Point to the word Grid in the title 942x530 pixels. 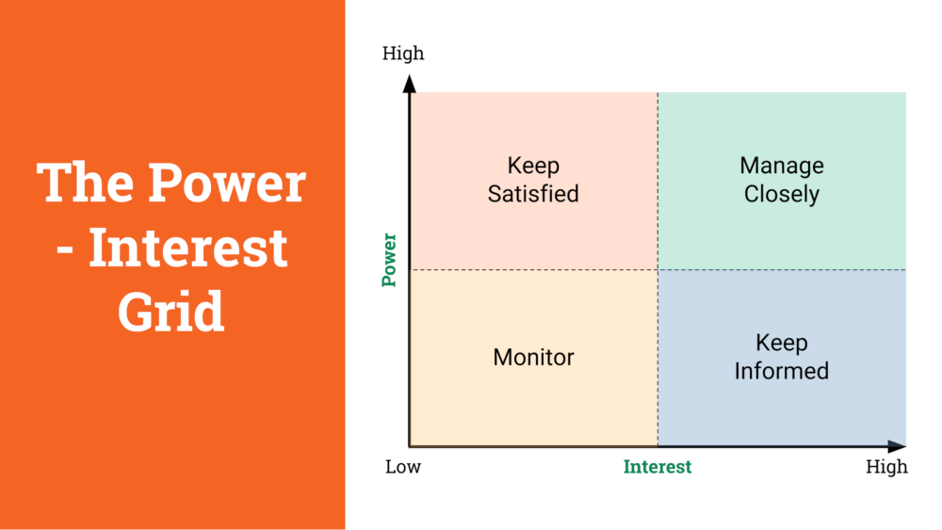click(x=171, y=311)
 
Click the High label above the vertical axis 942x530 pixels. click(x=403, y=54)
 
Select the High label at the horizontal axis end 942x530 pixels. click(x=886, y=466)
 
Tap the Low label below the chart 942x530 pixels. click(x=403, y=466)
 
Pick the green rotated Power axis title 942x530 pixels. click(x=389, y=260)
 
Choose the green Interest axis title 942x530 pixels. click(x=658, y=466)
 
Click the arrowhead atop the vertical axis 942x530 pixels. click(x=410, y=84)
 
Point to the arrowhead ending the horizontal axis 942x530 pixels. click(x=897, y=446)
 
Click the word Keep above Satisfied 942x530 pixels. click(x=533, y=166)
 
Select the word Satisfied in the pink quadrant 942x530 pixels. click(x=533, y=194)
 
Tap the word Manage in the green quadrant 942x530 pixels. click(x=782, y=166)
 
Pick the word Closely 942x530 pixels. click(x=782, y=195)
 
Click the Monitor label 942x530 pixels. click(x=533, y=357)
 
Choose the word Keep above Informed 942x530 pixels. click(x=782, y=343)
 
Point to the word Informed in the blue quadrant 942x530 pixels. click(x=782, y=371)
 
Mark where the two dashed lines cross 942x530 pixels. click(x=658, y=269)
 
